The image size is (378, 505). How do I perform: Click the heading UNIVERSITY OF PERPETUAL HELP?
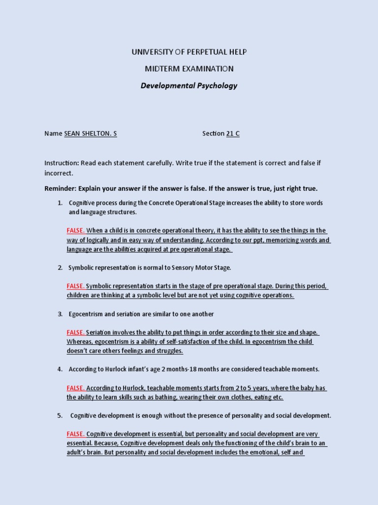(x=189, y=52)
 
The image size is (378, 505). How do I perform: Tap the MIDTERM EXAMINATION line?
(x=189, y=69)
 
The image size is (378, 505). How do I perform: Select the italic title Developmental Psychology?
(x=189, y=85)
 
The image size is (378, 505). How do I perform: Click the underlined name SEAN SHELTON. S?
(x=91, y=134)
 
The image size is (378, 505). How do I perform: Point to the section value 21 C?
(x=233, y=134)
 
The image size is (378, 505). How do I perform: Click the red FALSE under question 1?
(x=76, y=230)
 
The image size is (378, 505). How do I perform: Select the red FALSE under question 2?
(x=76, y=286)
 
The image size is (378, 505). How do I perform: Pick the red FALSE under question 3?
(x=76, y=332)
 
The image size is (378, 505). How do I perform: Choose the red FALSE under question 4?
(x=76, y=388)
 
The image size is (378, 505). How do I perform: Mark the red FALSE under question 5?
(x=76, y=434)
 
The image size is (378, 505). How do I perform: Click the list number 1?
(x=60, y=203)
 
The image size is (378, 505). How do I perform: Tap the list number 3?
(x=60, y=314)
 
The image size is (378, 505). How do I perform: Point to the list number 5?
(x=60, y=416)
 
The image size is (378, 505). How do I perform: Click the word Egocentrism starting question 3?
(x=86, y=314)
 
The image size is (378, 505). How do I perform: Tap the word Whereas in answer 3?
(x=80, y=342)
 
